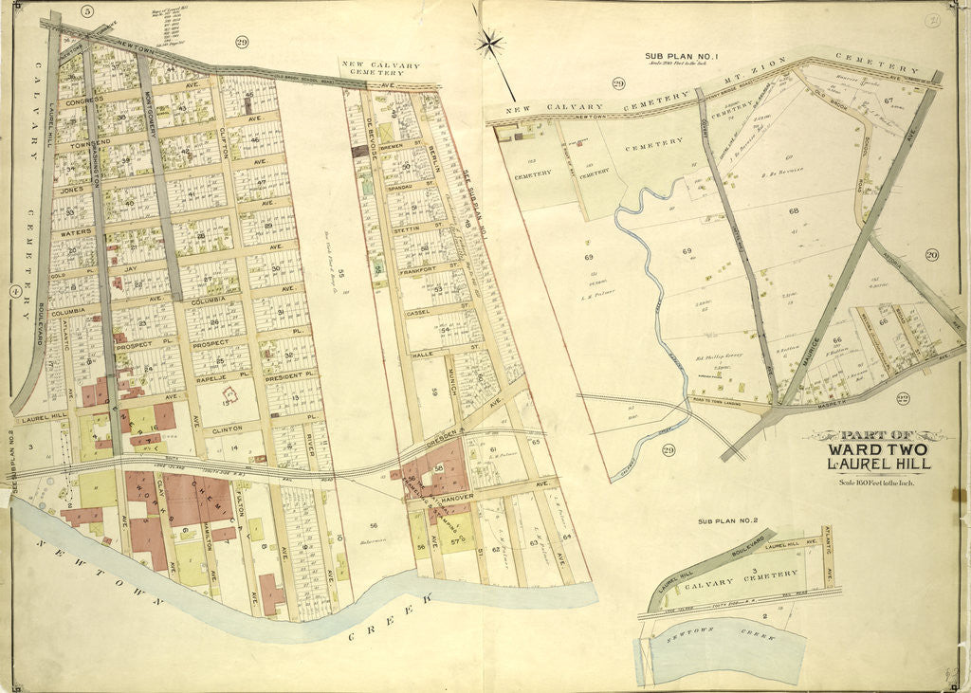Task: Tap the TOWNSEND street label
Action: click(x=84, y=140)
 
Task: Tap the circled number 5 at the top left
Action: click(x=87, y=11)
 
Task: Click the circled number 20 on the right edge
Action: click(x=931, y=254)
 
